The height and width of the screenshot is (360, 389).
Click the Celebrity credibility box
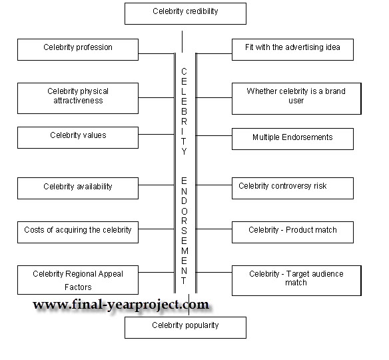point(185,13)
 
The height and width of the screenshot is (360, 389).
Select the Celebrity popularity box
point(185,327)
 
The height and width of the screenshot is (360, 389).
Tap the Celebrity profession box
point(78,49)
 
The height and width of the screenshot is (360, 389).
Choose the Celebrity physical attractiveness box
point(78,98)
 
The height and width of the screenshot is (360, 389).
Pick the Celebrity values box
point(78,137)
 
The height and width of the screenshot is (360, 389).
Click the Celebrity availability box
point(78,188)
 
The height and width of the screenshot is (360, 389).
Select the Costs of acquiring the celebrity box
point(78,232)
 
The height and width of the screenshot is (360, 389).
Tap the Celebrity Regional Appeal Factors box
point(78,280)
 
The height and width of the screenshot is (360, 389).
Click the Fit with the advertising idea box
point(292,49)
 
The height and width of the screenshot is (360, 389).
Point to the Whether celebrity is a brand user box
point(296,99)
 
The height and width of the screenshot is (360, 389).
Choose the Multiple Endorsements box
point(292,139)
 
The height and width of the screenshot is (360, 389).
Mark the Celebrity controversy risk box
point(292,188)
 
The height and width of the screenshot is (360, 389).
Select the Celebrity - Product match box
point(292,232)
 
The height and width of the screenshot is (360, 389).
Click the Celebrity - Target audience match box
point(296,281)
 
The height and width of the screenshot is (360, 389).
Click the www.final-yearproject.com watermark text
point(121,305)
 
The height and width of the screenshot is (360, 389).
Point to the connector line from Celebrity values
point(157,134)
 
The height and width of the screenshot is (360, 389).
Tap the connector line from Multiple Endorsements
point(214,135)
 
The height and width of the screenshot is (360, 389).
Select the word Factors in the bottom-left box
point(78,287)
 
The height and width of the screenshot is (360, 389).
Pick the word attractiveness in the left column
point(78,101)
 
